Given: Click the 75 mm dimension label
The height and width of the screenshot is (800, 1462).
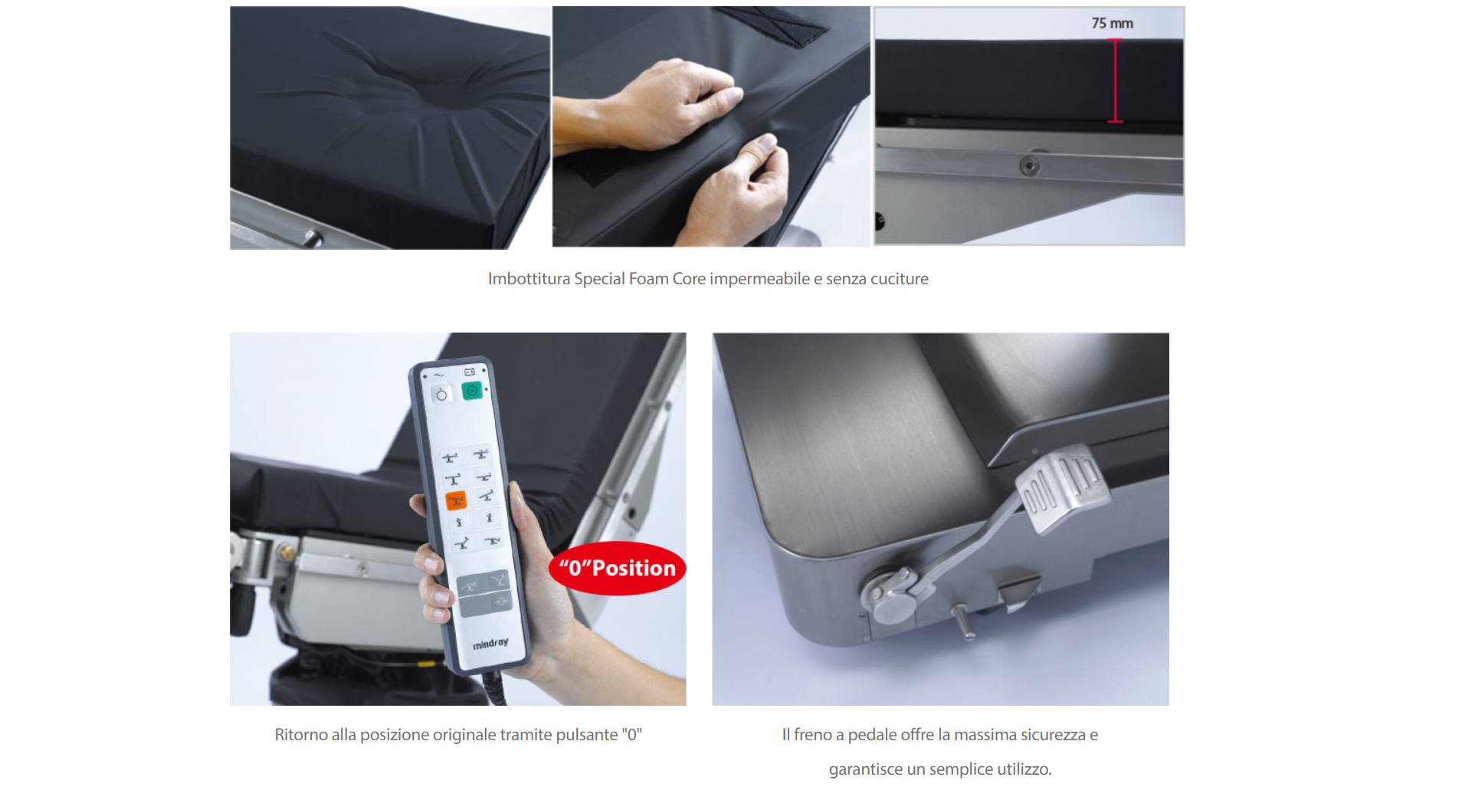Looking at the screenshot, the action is click(x=1112, y=24).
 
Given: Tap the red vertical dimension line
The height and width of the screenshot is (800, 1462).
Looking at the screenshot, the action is click(x=1115, y=80).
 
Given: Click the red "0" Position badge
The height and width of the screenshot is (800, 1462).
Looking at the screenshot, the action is click(x=617, y=569).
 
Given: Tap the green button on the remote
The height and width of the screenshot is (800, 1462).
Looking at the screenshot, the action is click(x=472, y=391).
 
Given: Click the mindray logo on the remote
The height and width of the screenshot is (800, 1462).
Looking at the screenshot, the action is click(x=490, y=643).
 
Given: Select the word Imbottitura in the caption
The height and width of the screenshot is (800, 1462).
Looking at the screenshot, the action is click(x=529, y=279).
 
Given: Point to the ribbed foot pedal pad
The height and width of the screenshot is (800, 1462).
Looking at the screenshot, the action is click(x=1063, y=486).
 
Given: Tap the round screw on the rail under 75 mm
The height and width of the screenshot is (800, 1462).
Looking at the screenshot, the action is click(x=1029, y=166).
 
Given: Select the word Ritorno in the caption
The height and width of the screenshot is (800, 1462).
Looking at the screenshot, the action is click(x=300, y=735).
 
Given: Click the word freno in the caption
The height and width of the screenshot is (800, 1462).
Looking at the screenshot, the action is click(x=812, y=735).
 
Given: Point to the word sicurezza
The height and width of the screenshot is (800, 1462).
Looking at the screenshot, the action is click(x=1050, y=735).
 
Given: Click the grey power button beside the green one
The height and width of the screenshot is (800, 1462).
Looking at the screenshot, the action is click(x=441, y=395).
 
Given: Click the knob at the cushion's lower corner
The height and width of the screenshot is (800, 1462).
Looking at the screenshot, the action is click(x=313, y=238).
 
